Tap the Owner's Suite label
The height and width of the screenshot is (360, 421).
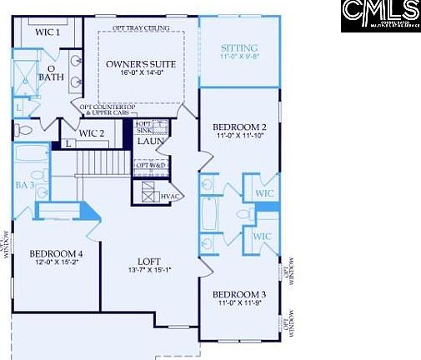point(138,64)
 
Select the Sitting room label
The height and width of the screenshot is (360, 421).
point(239,48)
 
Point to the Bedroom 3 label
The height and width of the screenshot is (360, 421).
point(238,295)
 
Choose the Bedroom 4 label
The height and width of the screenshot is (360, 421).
point(56,254)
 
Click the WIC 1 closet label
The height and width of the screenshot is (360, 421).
point(48,32)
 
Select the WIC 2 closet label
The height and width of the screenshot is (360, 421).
point(92,132)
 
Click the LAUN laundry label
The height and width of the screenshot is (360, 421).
point(152,141)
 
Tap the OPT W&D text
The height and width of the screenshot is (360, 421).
point(153,165)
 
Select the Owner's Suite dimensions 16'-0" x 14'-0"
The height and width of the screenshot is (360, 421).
point(138,73)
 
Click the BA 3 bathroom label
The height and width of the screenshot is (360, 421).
point(24,185)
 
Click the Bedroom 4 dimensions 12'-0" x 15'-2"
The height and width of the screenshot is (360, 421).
point(56,263)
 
